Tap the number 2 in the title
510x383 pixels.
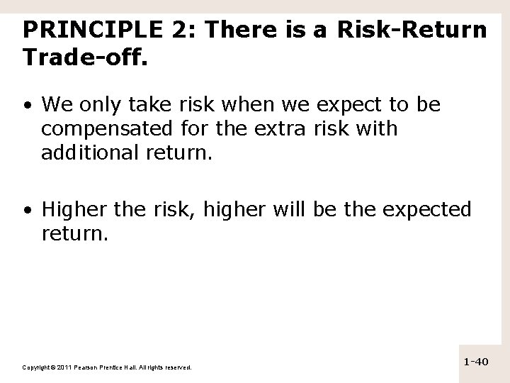coord(174,30)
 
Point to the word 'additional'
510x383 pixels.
coord(84,151)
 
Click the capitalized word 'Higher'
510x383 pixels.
coord(72,210)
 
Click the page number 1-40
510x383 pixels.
coord(476,362)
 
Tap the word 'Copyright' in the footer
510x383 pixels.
coord(35,367)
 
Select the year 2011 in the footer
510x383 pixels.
coord(64,367)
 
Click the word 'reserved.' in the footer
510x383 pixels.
coord(177,367)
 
